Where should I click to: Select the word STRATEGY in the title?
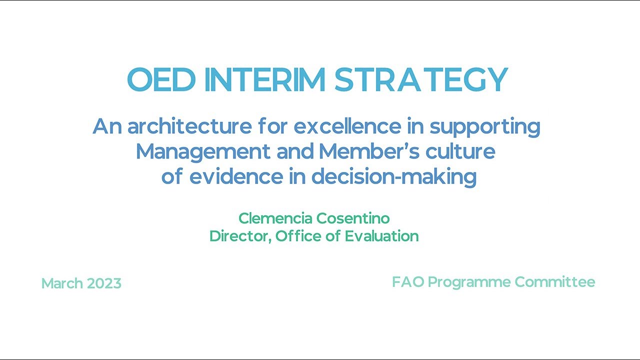pyautogui.click(x=421, y=80)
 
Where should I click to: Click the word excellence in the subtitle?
pyautogui.click(x=347, y=126)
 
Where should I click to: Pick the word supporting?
pyautogui.click(x=485, y=127)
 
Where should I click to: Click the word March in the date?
pyautogui.click(x=62, y=283)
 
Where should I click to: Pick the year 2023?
pyautogui.click(x=104, y=283)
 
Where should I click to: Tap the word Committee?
pyautogui.click(x=555, y=282)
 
